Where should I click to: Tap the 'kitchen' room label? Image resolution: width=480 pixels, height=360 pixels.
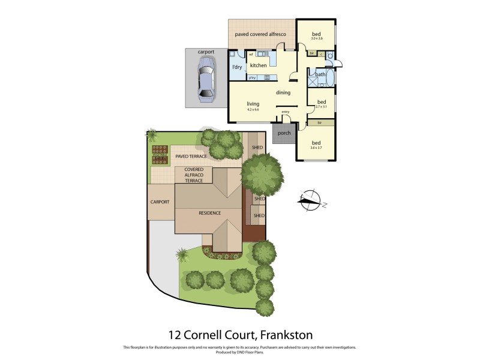258,65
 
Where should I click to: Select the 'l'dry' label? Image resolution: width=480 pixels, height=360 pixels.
237,67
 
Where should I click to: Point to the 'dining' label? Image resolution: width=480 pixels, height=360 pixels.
283,92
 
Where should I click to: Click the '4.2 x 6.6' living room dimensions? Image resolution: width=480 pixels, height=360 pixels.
253,110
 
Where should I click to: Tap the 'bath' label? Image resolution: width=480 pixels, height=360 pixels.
320,74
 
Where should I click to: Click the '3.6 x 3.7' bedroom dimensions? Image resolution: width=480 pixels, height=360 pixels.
316,148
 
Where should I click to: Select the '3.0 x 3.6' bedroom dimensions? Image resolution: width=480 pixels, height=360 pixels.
317,38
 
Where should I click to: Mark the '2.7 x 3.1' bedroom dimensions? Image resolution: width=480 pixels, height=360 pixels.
321,107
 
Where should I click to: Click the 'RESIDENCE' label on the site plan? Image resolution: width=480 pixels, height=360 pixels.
210,212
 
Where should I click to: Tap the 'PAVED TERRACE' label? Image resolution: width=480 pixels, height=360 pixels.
191,156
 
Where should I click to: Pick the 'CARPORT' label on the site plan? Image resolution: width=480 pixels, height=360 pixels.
161,202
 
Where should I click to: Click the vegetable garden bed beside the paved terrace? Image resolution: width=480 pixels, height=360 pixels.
160,154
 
